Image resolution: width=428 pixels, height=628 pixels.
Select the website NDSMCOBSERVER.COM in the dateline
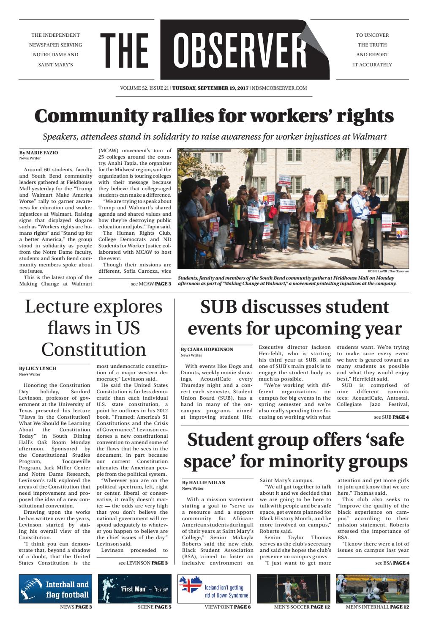pyautogui.click(x=279, y=88)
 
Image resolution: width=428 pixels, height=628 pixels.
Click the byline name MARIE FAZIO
pyautogui.click(x=42, y=152)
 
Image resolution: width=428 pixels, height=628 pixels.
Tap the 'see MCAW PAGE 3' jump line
pyautogui.click(x=151, y=284)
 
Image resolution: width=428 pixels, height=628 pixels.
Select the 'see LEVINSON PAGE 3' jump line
pyautogui.click(x=143, y=563)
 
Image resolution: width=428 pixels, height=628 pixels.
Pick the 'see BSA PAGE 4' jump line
pyautogui.click(x=392, y=563)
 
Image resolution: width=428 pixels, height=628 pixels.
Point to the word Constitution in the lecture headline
pyautogui.click(x=93, y=349)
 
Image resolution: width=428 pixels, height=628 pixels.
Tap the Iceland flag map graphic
pyautogui.click(x=191, y=586)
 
